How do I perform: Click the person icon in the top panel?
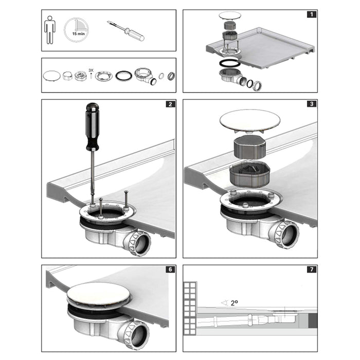pos(50,30)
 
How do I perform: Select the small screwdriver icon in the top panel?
pos(125,30)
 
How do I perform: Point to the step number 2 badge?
pos(170,104)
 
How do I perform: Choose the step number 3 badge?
pos(312,104)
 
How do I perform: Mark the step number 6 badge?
pos(170,269)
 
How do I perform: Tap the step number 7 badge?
pos(312,269)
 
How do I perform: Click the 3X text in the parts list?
pos(92,69)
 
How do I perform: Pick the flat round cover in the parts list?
pos(51,75)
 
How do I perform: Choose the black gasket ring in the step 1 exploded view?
pos(229,63)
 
